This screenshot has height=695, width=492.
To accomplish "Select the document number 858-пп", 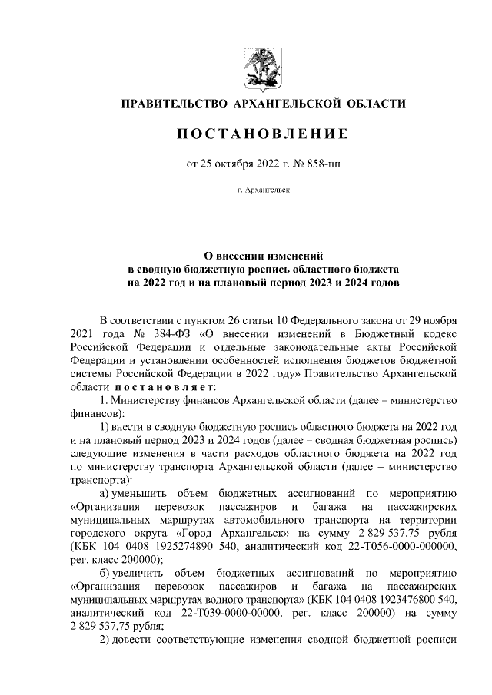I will point(305,164).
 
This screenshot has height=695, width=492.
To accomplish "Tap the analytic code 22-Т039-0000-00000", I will point(216,612).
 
